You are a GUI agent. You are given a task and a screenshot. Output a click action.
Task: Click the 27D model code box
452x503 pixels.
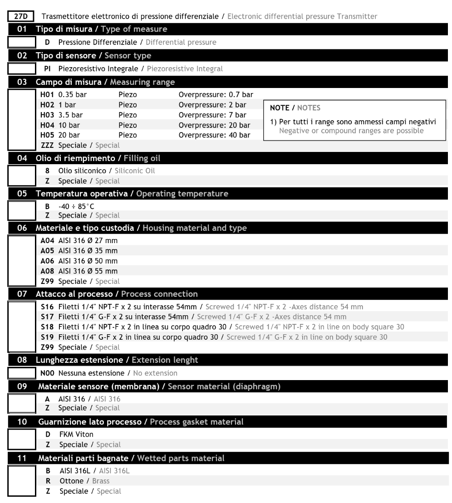pos(20,16)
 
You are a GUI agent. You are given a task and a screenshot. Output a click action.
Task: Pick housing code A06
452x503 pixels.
pos(48,260)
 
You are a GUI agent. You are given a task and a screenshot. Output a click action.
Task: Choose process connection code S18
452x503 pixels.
pos(48,327)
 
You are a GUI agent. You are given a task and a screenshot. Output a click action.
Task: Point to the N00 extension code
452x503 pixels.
pos(48,373)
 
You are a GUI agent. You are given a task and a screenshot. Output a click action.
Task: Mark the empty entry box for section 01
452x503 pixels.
pos(22,43)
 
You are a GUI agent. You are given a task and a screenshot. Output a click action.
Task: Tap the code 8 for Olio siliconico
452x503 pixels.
pos(47,171)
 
